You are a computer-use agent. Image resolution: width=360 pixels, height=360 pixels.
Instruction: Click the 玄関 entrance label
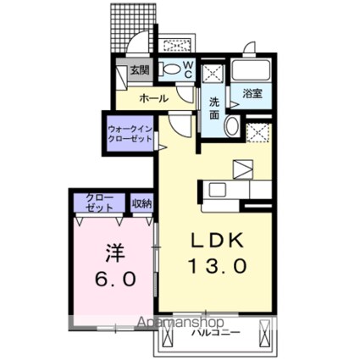pyautogui.click(x=139, y=71)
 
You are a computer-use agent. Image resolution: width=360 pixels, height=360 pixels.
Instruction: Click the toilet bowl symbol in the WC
pyautogui.click(x=170, y=70)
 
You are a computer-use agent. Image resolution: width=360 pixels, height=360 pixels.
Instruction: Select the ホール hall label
pyautogui.click(x=153, y=98)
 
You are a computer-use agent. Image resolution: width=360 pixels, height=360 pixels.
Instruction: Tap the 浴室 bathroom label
pyautogui.click(x=252, y=93)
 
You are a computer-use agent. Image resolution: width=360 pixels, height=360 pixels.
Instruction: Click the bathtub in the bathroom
pyautogui.click(x=252, y=70)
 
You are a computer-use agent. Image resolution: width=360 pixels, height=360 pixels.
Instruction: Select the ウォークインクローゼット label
pyautogui.click(x=130, y=133)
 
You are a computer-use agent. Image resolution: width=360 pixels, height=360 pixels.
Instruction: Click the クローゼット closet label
pyautogui.click(x=99, y=202)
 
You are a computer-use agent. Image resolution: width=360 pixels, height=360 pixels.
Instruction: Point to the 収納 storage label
pyautogui.click(x=141, y=202)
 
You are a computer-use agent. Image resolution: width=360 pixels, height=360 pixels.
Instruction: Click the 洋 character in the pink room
pyautogui.click(x=114, y=252)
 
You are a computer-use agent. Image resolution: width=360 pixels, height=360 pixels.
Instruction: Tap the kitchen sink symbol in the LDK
pyautogui.click(x=214, y=189)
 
